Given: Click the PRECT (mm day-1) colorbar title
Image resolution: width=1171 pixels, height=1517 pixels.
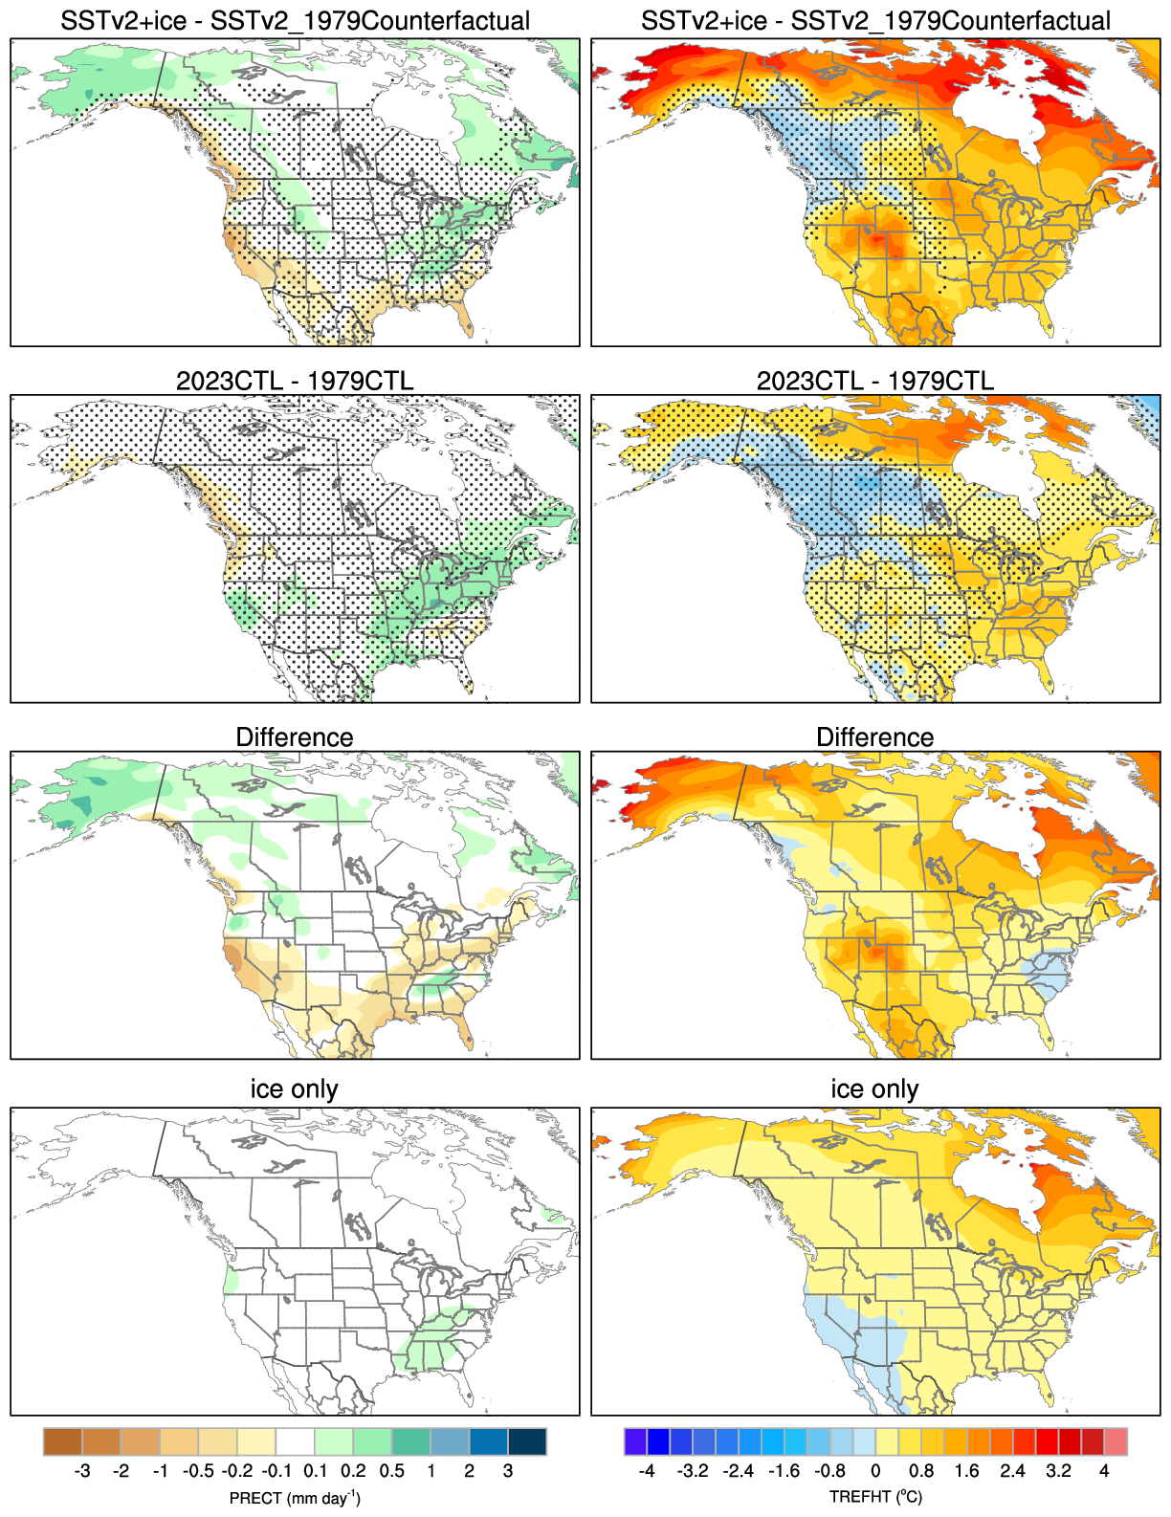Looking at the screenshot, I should click(x=295, y=1498).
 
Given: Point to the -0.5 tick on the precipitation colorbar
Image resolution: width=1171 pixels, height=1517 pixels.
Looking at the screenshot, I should click(x=198, y=1471).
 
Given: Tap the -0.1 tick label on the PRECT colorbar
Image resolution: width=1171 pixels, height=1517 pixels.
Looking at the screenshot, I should click(x=276, y=1471).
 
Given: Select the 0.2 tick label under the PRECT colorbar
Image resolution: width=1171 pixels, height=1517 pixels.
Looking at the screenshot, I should click(x=354, y=1471).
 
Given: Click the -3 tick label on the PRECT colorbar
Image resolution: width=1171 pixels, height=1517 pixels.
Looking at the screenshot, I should click(x=82, y=1471).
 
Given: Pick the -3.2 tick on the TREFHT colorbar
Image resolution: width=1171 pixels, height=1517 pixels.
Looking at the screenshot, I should click(x=693, y=1471).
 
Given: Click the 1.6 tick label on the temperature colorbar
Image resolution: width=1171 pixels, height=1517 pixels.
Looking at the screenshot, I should click(x=967, y=1471).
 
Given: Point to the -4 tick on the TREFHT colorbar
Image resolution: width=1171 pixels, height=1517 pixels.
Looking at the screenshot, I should click(x=647, y=1471).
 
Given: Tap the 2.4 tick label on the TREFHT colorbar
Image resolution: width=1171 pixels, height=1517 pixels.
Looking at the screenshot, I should click(x=1013, y=1471).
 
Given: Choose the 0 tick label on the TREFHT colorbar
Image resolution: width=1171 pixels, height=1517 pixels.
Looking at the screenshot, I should click(x=875, y=1471).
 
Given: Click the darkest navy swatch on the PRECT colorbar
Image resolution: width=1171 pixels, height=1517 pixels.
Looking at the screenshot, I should click(x=527, y=1441).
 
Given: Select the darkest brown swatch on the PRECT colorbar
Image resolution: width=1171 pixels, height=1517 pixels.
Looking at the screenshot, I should click(x=63, y=1441).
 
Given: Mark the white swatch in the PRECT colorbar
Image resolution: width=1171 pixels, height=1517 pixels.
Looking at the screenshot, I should click(x=295, y=1441).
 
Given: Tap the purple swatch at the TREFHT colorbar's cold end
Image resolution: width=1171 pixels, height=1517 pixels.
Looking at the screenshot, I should click(x=635, y=1441).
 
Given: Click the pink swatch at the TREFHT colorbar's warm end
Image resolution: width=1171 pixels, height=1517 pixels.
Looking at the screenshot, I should click(x=1116, y=1441).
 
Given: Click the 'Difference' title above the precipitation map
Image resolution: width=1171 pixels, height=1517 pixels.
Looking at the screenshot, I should click(x=295, y=737).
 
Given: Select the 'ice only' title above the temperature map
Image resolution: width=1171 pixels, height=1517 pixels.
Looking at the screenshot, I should click(x=874, y=1089).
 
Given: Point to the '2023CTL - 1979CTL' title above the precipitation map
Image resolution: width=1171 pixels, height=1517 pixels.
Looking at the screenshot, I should click(x=295, y=381).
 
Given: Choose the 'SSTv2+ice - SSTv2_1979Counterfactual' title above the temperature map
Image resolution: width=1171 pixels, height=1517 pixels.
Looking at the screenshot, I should click(x=875, y=21).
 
